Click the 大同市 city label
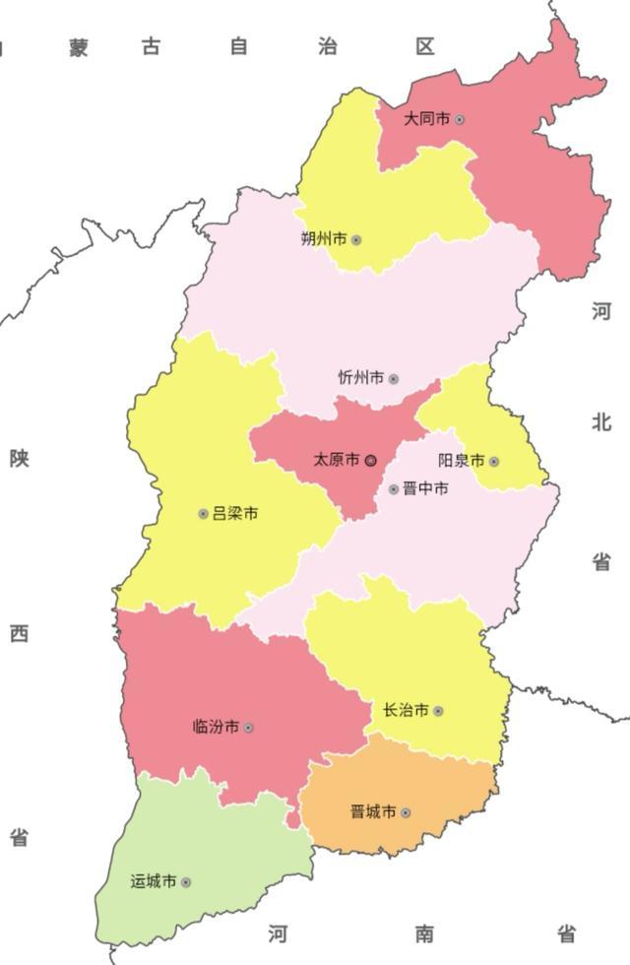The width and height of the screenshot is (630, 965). click(x=426, y=119)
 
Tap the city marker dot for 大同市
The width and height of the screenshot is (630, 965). click(x=460, y=120)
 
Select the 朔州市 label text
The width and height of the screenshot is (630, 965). click(x=323, y=239)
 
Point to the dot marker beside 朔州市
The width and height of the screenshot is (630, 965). click(x=356, y=240)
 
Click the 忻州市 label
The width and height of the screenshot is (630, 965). click(x=360, y=378)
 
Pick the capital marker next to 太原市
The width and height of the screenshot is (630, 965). click(x=371, y=460)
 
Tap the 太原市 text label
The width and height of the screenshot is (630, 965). click(x=337, y=460)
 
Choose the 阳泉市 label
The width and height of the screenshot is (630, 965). click(x=461, y=461)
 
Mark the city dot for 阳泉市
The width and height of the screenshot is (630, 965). click(x=494, y=461)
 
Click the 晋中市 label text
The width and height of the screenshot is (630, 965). click(x=425, y=488)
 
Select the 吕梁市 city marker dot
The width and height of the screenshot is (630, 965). click(x=204, y=513)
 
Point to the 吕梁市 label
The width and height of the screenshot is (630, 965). click(x=235, y=513)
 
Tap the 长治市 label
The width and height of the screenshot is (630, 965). click(x=406, y=710)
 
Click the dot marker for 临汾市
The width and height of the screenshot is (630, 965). click(x=248, y=728)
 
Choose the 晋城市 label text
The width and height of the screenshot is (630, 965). click(x=373, y=812)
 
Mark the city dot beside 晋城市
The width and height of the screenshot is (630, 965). click(x=406, y=813)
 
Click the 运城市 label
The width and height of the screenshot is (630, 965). click(x=154, y=882)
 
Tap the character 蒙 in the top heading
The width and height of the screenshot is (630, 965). click(x=79, y=47)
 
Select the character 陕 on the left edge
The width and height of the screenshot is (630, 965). click(x=19, y=458)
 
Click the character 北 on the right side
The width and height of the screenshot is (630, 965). click(x=601, y=422)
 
